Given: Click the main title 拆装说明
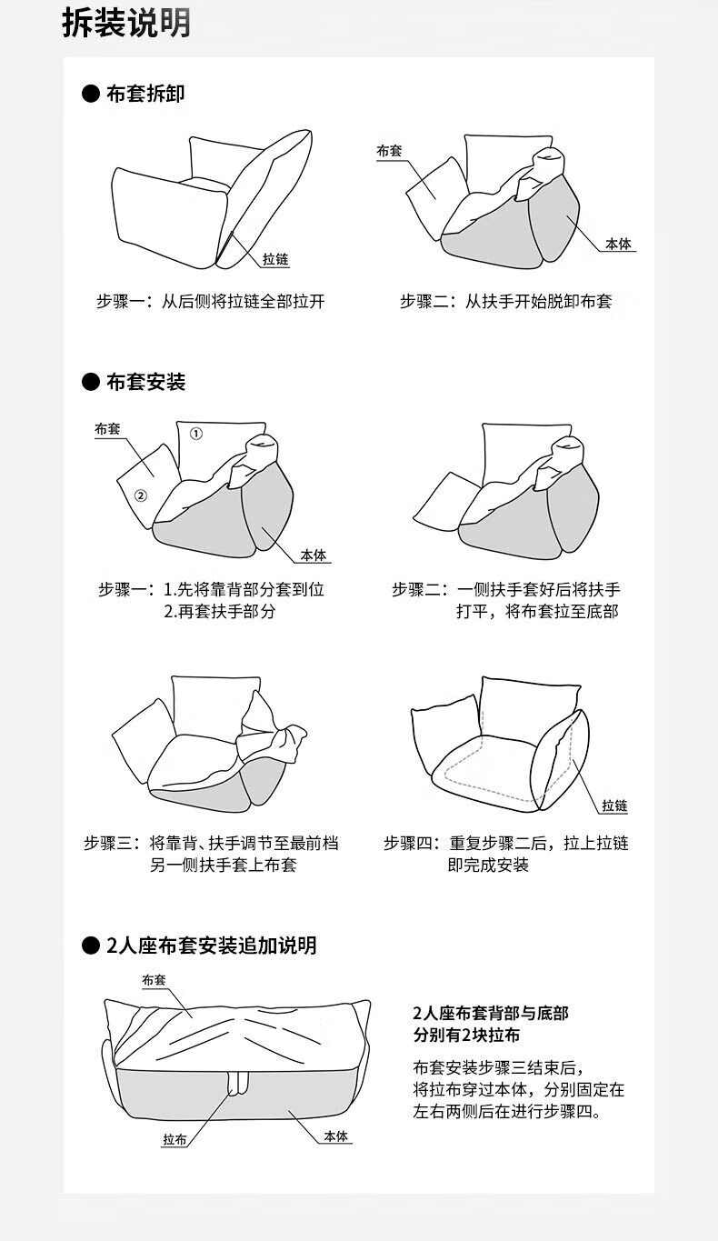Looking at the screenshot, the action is point(126,24).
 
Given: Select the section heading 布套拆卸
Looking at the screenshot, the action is point(145,94).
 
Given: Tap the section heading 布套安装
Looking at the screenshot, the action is point(145,382).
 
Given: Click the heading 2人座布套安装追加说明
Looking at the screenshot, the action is point(211,946).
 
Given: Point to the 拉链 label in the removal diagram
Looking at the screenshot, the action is point(275,260).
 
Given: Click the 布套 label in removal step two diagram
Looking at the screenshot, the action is point(389,151).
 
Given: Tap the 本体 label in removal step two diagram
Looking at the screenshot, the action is point(620,245).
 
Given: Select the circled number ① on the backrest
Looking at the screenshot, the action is point(195,434).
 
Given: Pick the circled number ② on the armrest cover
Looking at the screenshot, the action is point(141,495).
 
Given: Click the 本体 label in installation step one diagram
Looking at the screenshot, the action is point(314,555).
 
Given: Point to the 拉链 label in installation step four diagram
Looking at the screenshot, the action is point(614,806).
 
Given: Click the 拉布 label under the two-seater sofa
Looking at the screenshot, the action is point(175,1139).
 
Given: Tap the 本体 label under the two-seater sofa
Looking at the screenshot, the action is point(336,1136).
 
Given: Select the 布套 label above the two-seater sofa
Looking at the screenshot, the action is point(154,980).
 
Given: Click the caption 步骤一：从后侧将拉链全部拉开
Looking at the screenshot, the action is point(211,302).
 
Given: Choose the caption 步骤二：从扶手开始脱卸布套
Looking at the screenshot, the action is point(506,302).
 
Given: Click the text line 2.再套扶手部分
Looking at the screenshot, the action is point(219,612).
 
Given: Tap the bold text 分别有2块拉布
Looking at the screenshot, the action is point(467,1036).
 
